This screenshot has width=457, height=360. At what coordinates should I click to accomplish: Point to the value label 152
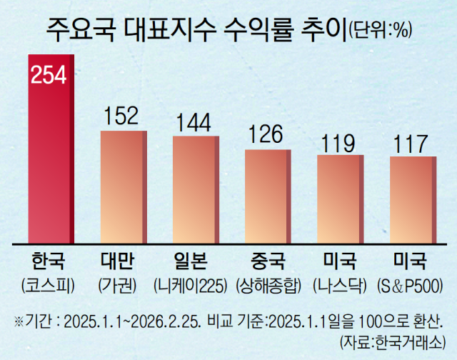(x=123, y=117)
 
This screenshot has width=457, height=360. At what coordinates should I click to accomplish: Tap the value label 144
(x=194, y=124)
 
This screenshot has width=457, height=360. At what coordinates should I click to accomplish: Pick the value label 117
(x=411, y=143)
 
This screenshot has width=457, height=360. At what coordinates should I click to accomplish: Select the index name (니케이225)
(x=194, y=284)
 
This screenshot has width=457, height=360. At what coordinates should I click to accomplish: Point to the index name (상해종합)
(x=267, y=284)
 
